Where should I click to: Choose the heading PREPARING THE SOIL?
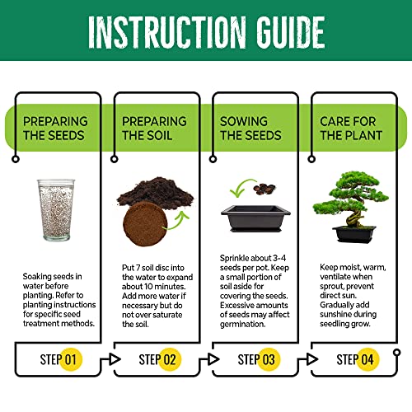tap(153, 129)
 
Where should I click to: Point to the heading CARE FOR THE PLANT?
tap(349, 129)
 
